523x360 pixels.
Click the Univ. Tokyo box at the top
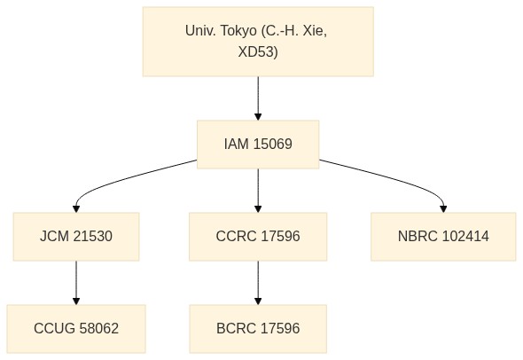258,42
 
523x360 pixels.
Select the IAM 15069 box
258,145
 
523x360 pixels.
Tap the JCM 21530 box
76,236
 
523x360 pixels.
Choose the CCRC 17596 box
258,236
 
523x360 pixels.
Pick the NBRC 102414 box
443,236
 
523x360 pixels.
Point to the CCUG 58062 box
76,329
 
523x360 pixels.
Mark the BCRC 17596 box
258,329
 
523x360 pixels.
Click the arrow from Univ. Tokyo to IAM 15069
258,98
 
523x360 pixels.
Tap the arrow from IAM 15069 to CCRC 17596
258,191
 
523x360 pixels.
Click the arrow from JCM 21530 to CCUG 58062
76,283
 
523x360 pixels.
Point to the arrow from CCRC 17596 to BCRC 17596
258,283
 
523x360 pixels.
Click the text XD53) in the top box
258,52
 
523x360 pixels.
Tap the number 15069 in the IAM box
273,145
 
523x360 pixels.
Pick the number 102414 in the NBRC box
465,236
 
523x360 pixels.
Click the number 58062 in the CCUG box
99,329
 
